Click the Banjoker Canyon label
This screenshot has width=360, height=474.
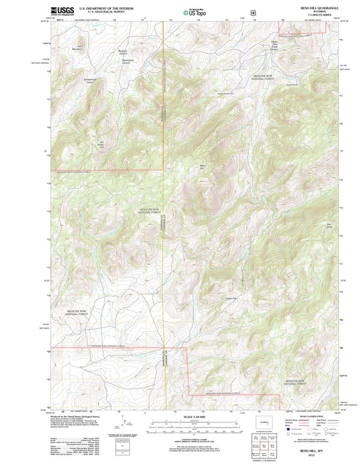click(x=122, y=51)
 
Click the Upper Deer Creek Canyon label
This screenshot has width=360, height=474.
click(x=274, y=46)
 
